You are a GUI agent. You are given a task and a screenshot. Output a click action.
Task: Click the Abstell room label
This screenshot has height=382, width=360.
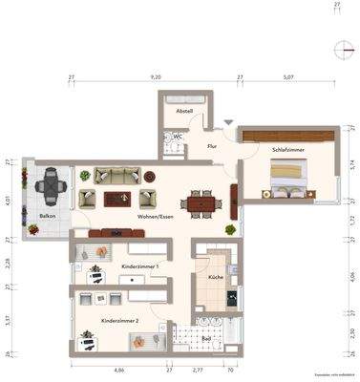(184, 111)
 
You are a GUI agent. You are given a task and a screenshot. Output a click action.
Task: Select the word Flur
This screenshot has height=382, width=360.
(213, 146)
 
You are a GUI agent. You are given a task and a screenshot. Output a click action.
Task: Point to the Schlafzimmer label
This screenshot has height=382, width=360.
(288, 150)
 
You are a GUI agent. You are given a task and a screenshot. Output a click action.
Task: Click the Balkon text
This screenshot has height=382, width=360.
(47, 218)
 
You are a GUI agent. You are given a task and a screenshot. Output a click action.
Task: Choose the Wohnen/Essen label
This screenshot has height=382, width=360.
(155, 217)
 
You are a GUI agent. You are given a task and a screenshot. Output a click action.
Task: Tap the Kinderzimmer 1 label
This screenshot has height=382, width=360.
(139, 266)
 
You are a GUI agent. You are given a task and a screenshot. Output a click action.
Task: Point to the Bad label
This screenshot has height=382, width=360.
(207, 337)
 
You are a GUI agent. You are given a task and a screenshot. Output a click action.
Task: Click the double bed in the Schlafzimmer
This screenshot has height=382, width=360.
(289, 177)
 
